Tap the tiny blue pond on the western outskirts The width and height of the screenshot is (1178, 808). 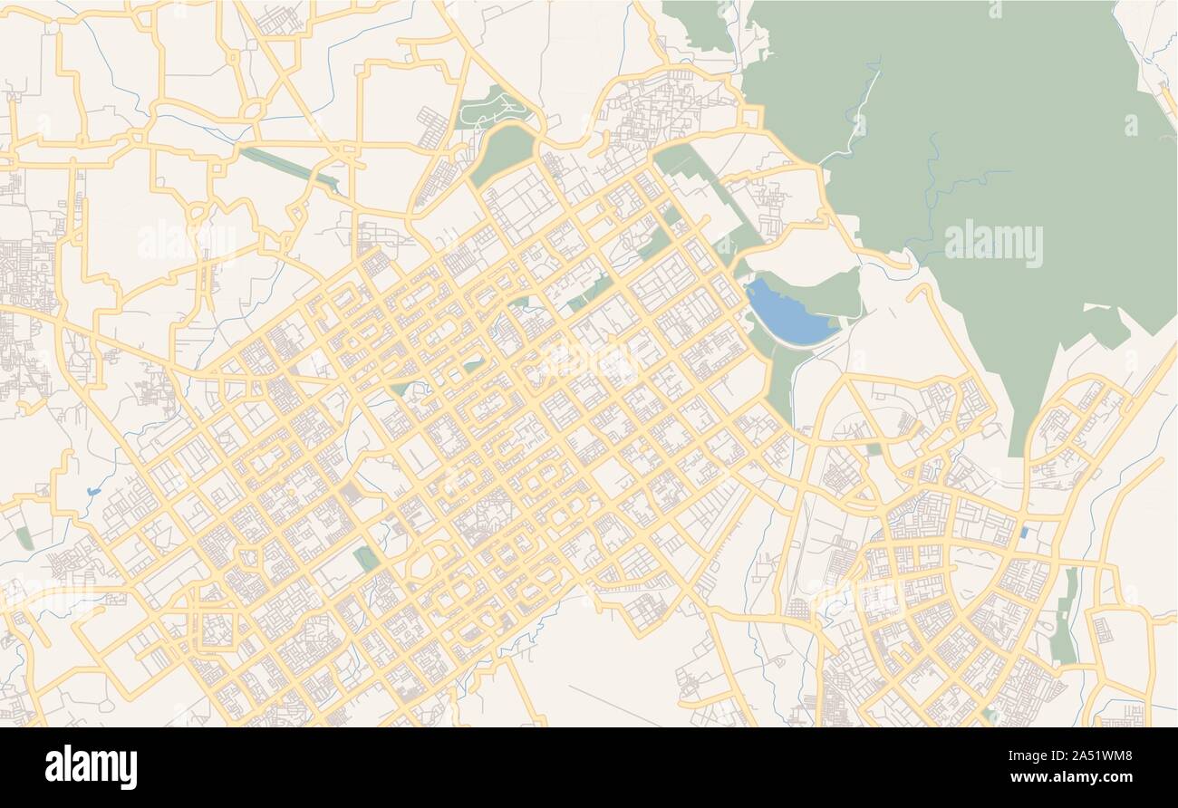click(x=93, y=492)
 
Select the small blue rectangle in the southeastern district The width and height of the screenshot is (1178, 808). click(x=1024, y=533)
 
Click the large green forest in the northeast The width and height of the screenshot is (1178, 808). click(x=979, y=136)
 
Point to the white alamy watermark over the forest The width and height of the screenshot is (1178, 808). click(x=993, y=243)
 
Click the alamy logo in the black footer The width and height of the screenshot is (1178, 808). click(x=91, y=766)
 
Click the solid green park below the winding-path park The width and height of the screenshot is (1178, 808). click(x=501, y=153)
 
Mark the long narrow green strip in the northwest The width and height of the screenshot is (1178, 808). click(x=288, y=168)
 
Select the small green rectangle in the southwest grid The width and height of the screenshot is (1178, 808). click(x=367, y=558)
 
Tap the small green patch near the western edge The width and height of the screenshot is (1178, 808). click(x=24, y=539)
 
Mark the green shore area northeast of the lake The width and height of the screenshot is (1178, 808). click(x=829, y=292)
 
